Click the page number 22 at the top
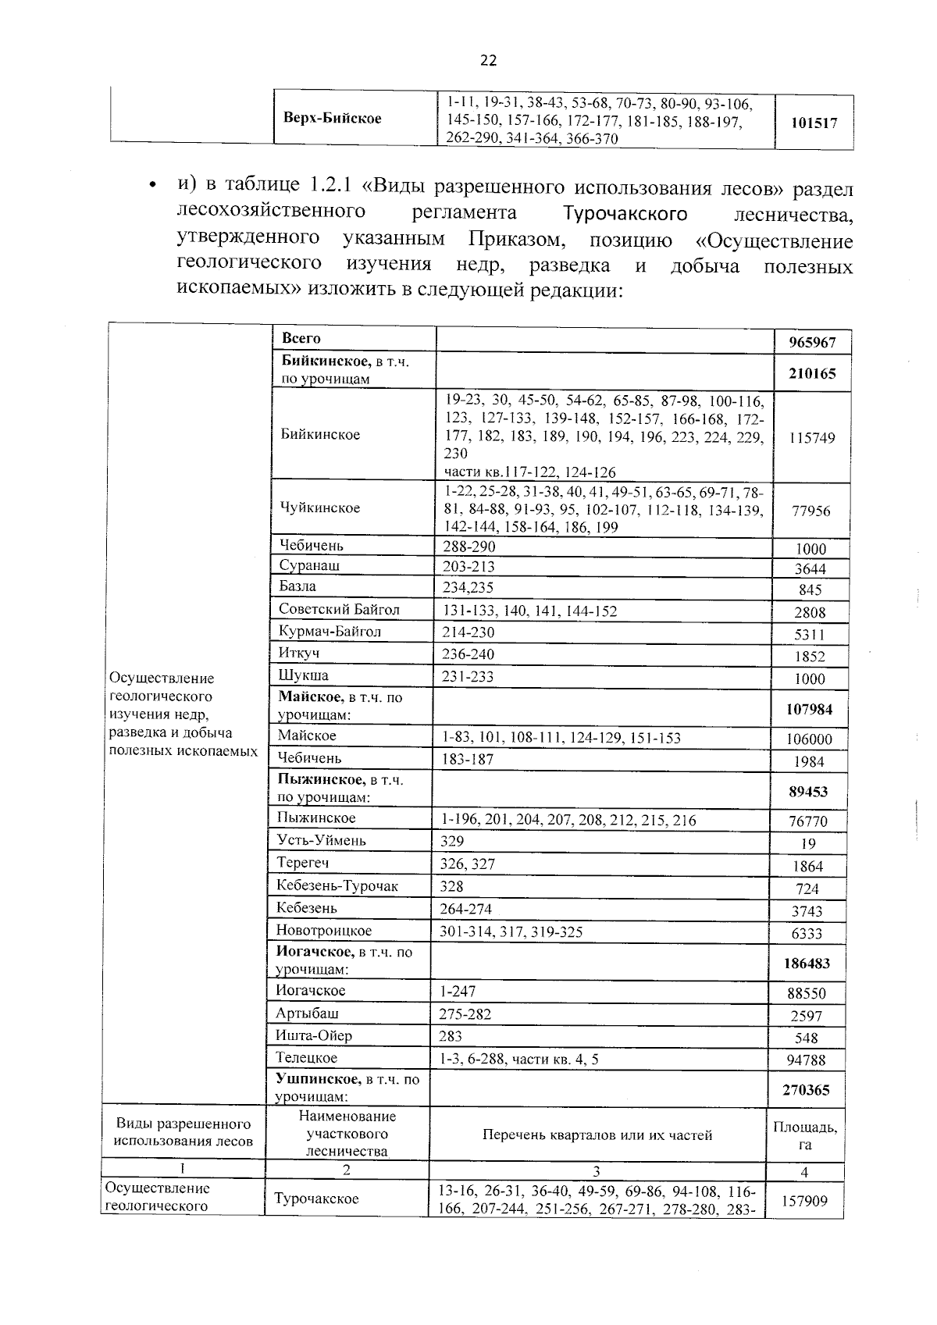(488, 61)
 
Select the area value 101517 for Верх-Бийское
(814, 123)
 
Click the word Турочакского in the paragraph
(625, 214)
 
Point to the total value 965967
(811, 342)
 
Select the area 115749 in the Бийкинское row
(811, 438)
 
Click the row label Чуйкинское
(320, 508)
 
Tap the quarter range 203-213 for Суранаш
(468, 567)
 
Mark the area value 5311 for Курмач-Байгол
(809, 635)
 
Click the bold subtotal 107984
(811, 709)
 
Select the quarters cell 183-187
(468, 759)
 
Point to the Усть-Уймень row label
(321, 841)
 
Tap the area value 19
(809, 844)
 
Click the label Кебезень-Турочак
(337, 885)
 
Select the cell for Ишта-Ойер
(314, 1035)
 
